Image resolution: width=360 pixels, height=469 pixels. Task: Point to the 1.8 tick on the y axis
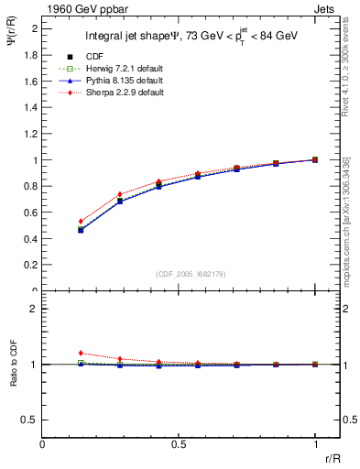[x=29, y=54]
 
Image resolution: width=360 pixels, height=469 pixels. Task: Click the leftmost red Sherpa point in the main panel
[x=81, y=222]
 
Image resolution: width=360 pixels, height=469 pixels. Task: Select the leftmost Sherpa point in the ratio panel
[x=81, y=353]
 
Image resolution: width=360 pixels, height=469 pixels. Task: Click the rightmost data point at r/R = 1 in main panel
[x=315, y=159]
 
